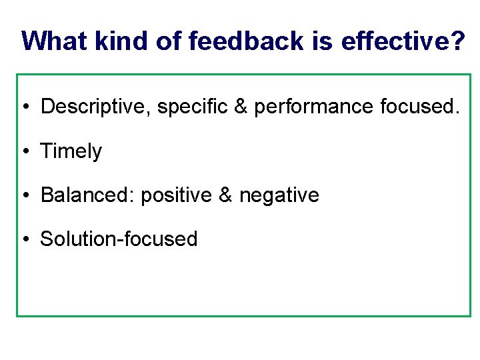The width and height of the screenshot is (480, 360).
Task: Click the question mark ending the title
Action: pyautogui.click(x=459, y=41)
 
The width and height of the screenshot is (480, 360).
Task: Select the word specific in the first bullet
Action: pyautogui.click(x=193, y=107)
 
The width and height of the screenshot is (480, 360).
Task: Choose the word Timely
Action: pyautogui.click(x=71, y=151)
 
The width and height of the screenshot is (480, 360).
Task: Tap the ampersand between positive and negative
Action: pyautogui.click(x=225, y=195)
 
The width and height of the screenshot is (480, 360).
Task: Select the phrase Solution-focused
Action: pyautogui.click(x=119, y=239)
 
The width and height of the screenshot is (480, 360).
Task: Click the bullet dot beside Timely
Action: pyautogui.click(x=24, y=152)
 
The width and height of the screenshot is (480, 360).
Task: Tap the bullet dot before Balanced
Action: pyautogui.click(x=24, y=196)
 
